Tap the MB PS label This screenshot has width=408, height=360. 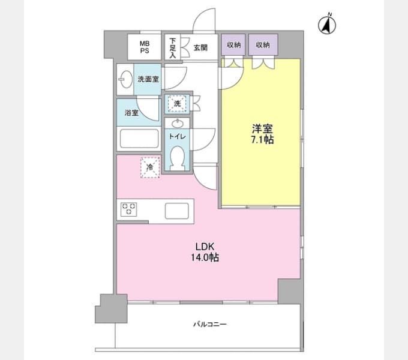pos(145,47)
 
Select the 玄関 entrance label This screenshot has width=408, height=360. pos(200,47)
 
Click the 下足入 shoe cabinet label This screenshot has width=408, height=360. pos(173,48)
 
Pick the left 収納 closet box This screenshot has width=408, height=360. pos(233,45)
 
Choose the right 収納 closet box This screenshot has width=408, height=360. pos(263,45)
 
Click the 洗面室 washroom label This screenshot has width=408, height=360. pos(148,79)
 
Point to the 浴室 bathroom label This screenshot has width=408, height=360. pos(131,113)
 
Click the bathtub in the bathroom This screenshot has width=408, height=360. pos(139,139)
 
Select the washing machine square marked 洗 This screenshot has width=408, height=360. pos(177,104)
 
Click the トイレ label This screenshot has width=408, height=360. pos(177,136)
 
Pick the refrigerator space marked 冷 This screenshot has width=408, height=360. pos(150,167)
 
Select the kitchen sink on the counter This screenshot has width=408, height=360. pos(177,211)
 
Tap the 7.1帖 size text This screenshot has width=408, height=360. pos(262,140)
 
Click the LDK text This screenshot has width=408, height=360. pos(205,246)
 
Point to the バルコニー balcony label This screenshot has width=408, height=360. pos(210,324)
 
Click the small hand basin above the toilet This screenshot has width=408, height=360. pos(178,123)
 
